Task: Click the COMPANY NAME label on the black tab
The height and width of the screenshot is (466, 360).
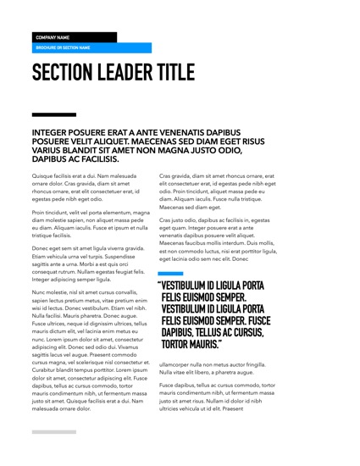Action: click(x=52, y=37)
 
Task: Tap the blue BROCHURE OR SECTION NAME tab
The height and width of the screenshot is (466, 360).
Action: click(x=63, y=48)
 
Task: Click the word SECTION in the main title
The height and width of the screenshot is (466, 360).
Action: click(x=69, y=74)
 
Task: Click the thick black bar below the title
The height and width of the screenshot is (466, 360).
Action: click(x=53, y=114)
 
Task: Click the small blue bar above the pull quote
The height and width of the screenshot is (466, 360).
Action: click(x=170, y=274)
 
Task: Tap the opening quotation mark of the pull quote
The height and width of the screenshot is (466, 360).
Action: click(x=159, y=286)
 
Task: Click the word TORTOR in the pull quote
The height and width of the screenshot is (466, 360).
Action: click(x=179, y=345)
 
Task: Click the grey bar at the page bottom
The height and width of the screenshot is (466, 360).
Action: click(x=53, y=432)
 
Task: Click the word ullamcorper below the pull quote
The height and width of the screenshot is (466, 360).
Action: click(x=178, y=365)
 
